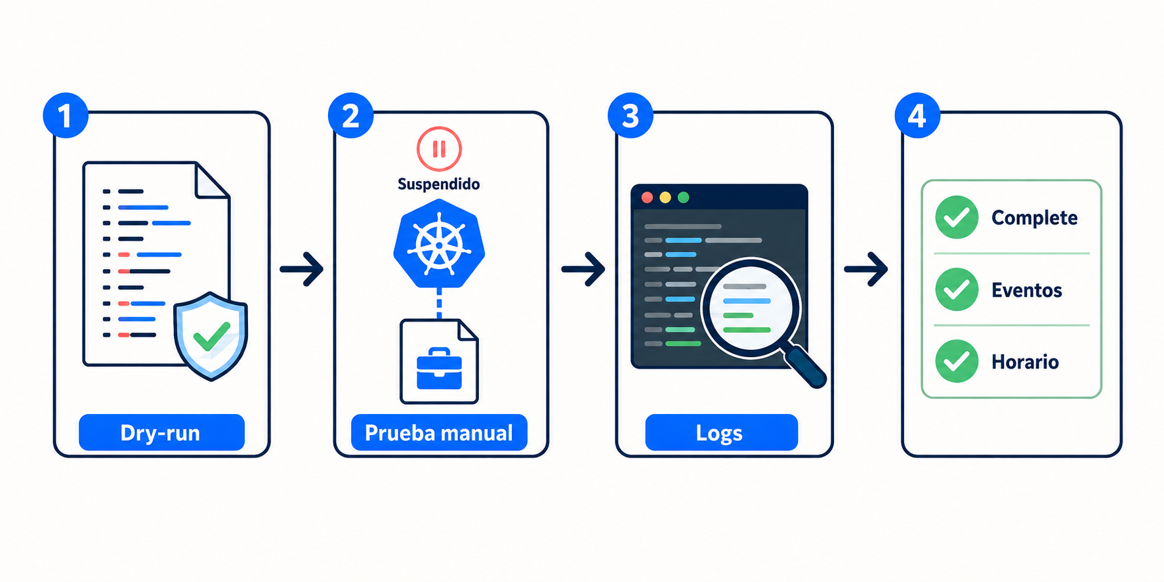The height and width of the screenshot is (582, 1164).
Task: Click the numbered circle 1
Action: tap(66, 115)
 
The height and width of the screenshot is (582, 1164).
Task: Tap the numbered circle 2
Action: tap(351, 115)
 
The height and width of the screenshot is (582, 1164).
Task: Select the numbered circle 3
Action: tap(631, 115)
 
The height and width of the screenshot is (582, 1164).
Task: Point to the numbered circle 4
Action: tap(917, 115)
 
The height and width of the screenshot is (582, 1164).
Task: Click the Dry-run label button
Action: tap(161, 432)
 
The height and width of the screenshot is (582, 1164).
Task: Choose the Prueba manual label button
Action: tap(439, 432)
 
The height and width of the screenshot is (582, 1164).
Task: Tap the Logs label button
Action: tap(721, 432)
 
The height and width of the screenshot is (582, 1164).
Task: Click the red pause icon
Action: tap(439, 149)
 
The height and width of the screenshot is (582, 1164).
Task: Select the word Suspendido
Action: tap(439, 184)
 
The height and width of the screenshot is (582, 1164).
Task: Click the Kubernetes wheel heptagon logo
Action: tap(439, 244)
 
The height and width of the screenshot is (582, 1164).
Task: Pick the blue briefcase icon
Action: tap(439, 369)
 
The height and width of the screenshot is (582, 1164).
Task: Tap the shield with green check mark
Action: tap(211, 336)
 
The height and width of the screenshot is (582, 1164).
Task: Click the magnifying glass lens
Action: tap(751, 308)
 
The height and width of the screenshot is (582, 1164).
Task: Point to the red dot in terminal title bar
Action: tap(647, 197)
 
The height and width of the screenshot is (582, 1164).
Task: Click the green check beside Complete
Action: tap(957, 217)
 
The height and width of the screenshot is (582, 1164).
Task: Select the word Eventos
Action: tap(1026, 290)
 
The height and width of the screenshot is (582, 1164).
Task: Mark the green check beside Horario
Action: tap(957, 361)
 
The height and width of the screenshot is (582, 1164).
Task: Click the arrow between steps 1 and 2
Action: tap(302, 269)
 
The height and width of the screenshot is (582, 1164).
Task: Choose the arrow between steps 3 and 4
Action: tap(866, 269)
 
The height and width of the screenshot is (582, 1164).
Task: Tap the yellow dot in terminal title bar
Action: tap(665, 197)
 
